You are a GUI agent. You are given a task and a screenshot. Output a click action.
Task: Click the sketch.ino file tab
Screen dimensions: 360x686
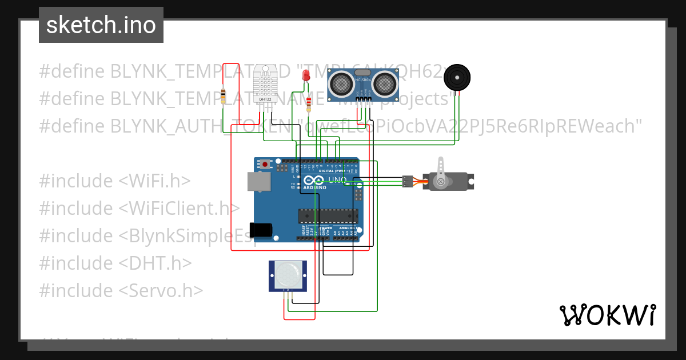point(101,25)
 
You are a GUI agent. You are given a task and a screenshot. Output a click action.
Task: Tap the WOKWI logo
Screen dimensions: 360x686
point(607,315)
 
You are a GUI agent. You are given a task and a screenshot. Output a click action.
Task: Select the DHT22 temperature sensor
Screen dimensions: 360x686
point(265,83)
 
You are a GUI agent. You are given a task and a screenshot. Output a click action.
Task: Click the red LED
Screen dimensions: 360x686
point(306,75)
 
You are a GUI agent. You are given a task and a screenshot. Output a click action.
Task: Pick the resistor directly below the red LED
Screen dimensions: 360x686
point(309,104)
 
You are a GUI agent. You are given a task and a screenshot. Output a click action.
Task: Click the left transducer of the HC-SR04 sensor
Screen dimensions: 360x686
point(341,85)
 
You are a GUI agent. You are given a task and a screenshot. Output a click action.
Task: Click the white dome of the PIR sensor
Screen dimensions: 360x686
point(287,275)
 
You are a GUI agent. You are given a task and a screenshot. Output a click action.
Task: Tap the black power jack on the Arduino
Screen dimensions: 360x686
point(261,229)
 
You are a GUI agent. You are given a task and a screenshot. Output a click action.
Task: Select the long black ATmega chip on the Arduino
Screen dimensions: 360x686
point(328,216)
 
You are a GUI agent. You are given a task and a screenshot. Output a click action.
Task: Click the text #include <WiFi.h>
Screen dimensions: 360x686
point(114,181)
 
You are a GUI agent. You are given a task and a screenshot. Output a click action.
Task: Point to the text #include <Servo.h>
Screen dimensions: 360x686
point(121,290)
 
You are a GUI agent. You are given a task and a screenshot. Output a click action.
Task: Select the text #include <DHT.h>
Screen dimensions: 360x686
point(115,263)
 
